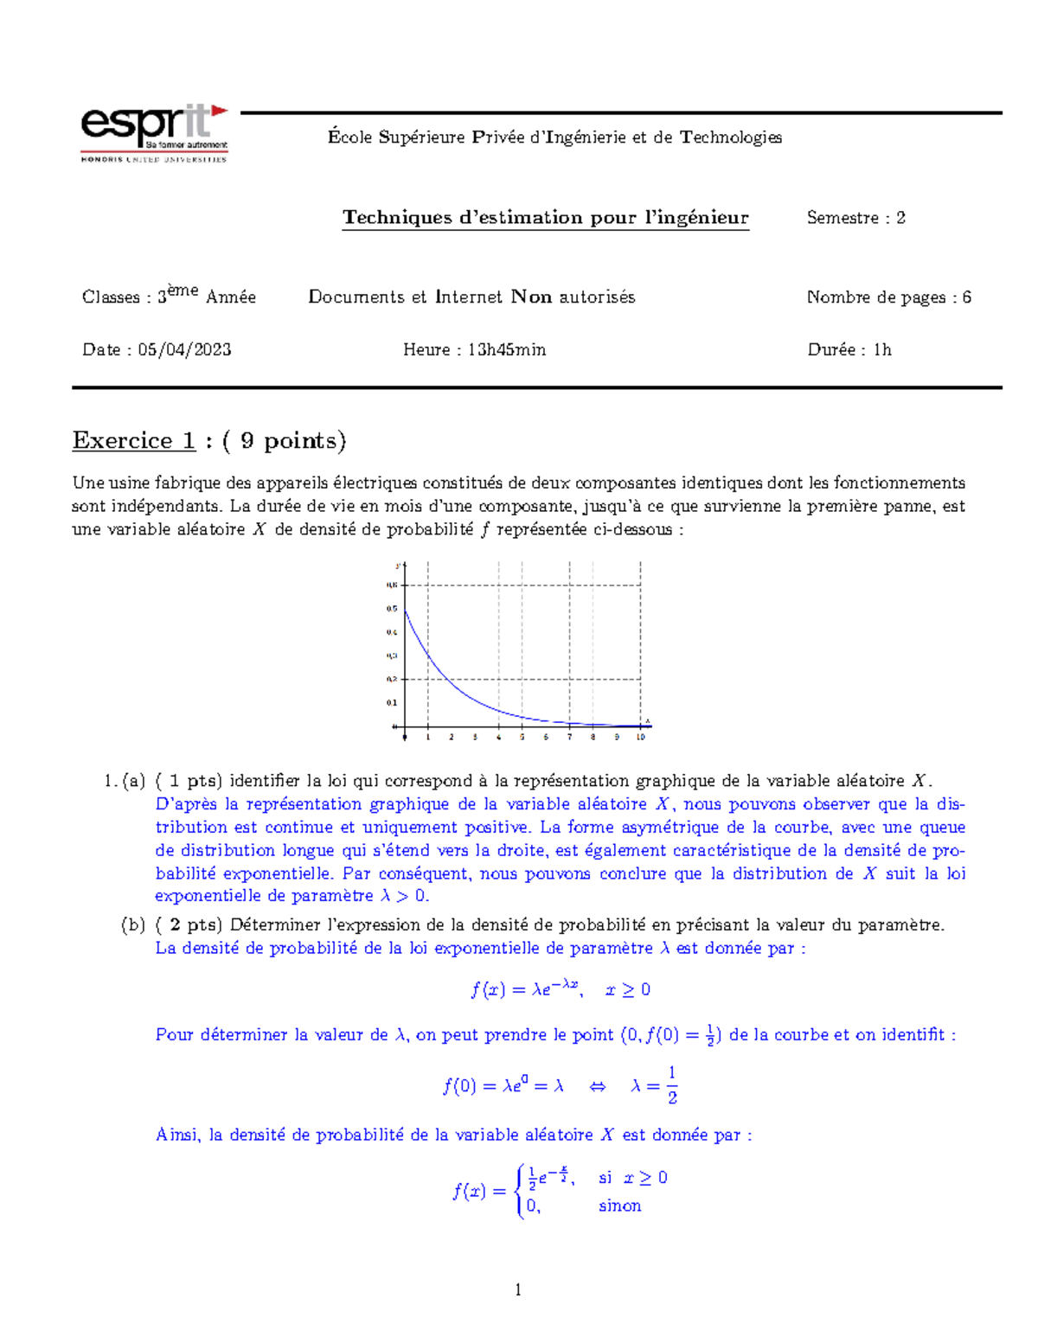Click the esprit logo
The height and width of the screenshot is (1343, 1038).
pos(154,133)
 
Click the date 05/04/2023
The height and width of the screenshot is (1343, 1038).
pos(184,349)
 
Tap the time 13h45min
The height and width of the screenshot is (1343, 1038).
pos(506,349)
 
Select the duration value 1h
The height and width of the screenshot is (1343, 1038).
pos(881,349)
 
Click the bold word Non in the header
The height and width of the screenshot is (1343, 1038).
pos(531,297)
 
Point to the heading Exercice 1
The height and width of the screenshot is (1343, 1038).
pos(134,440)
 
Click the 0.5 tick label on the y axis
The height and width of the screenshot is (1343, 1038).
pos(392,609)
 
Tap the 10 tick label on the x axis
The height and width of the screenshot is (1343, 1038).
pos(640,738)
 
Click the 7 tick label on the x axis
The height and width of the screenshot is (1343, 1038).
pos(569,738)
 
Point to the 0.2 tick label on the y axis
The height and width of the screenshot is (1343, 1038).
pos(392,680)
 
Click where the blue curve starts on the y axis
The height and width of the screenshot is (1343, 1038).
pos(405,610)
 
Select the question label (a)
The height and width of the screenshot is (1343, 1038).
pos(133,781)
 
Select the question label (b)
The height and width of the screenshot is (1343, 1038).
pos(133,924)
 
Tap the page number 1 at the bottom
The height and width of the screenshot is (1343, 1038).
pos(518,1290)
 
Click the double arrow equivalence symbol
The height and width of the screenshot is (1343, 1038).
pos(597,1086)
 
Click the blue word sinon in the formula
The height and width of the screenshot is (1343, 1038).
pos(619,1206)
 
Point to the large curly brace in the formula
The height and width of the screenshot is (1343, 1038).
pos(519,1191)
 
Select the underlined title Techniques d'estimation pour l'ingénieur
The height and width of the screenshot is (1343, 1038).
pos(545,218)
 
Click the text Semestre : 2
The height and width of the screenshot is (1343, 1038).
pos(855,218)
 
